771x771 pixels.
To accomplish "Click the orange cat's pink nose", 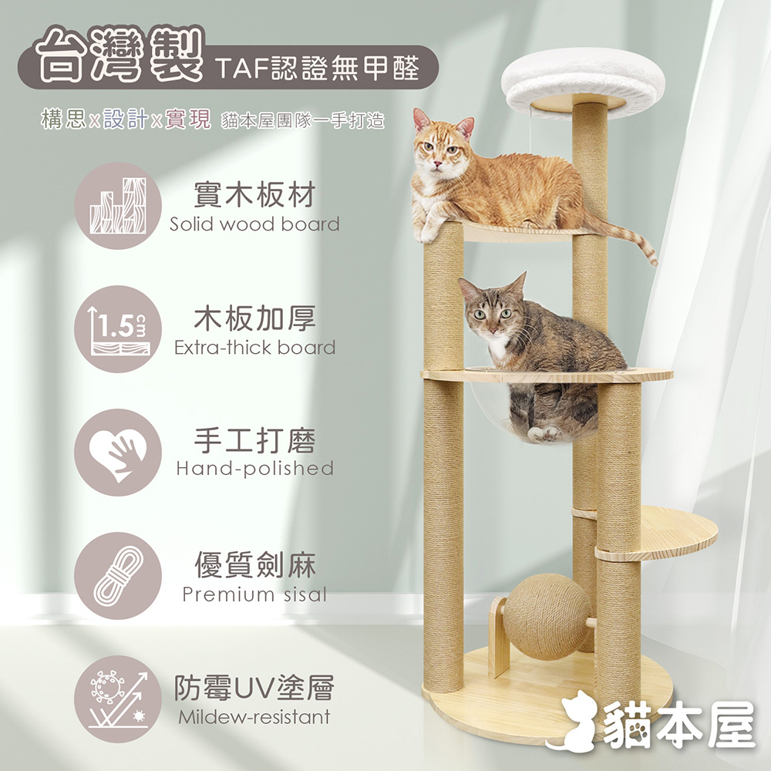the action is pos(436,163).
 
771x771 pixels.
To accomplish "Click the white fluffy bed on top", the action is pos(583,81).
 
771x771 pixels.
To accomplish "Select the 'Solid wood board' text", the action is pos(254,224).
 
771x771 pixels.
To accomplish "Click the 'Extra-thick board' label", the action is pos(254,348).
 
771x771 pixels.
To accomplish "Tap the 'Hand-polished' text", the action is pos(254,468).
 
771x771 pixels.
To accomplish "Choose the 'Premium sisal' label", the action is pos(254,594).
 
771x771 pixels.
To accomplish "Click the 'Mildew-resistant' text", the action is pos(254,717).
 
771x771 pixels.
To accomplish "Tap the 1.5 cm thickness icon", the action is pos(118,328).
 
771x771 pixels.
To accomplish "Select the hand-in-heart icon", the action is pos(118,452).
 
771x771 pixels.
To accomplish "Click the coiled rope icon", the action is pos(118,575).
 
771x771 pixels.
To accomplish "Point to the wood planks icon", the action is pos(118,206).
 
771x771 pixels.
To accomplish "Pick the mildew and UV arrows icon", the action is pos(118,699).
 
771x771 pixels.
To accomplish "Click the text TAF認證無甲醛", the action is pos(317,67).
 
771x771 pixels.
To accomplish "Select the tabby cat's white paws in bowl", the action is pos(544,433).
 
